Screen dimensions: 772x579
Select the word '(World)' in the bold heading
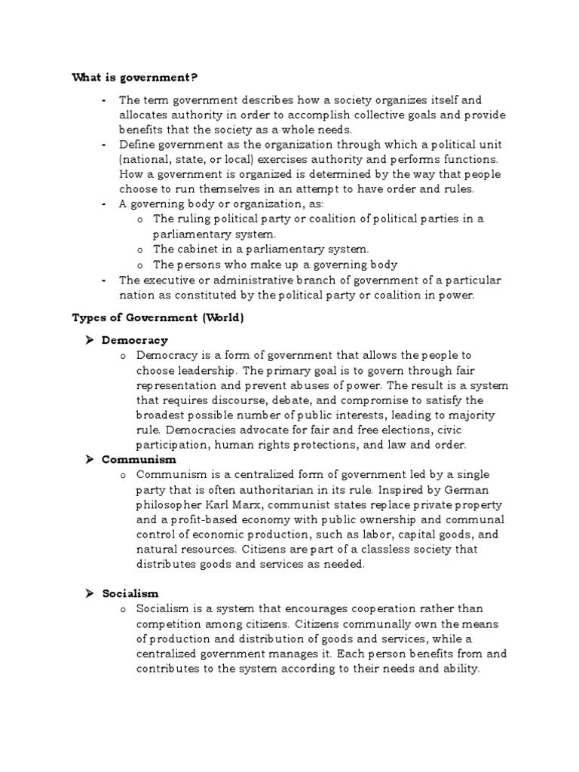click(222, 317)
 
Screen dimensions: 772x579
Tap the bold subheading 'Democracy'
click(135, 340)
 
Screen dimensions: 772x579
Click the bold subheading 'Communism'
click(139, 458)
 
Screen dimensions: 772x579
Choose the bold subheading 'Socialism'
click(130, 593)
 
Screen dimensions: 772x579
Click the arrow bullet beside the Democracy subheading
click(88, 340)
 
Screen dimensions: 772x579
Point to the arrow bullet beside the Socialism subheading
click(88, 593)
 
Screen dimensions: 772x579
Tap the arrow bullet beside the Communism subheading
click(88, 458)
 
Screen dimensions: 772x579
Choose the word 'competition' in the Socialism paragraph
click(167, 624)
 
